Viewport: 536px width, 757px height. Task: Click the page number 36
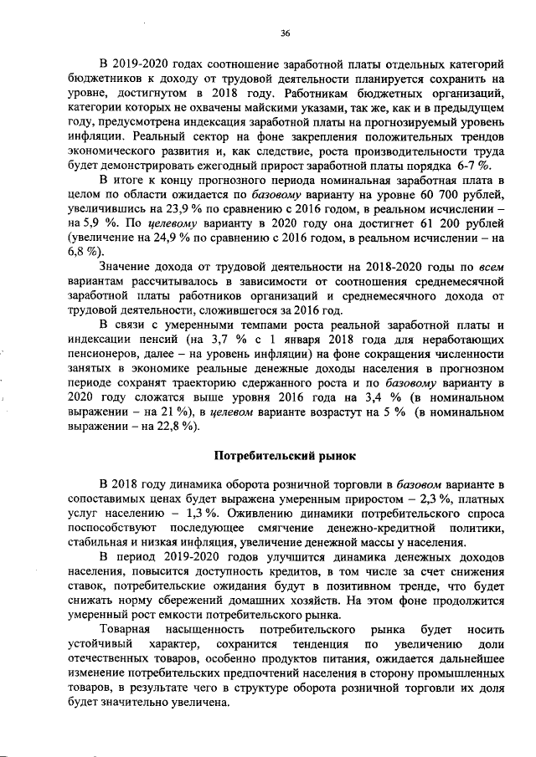click(x=285, y=33)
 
